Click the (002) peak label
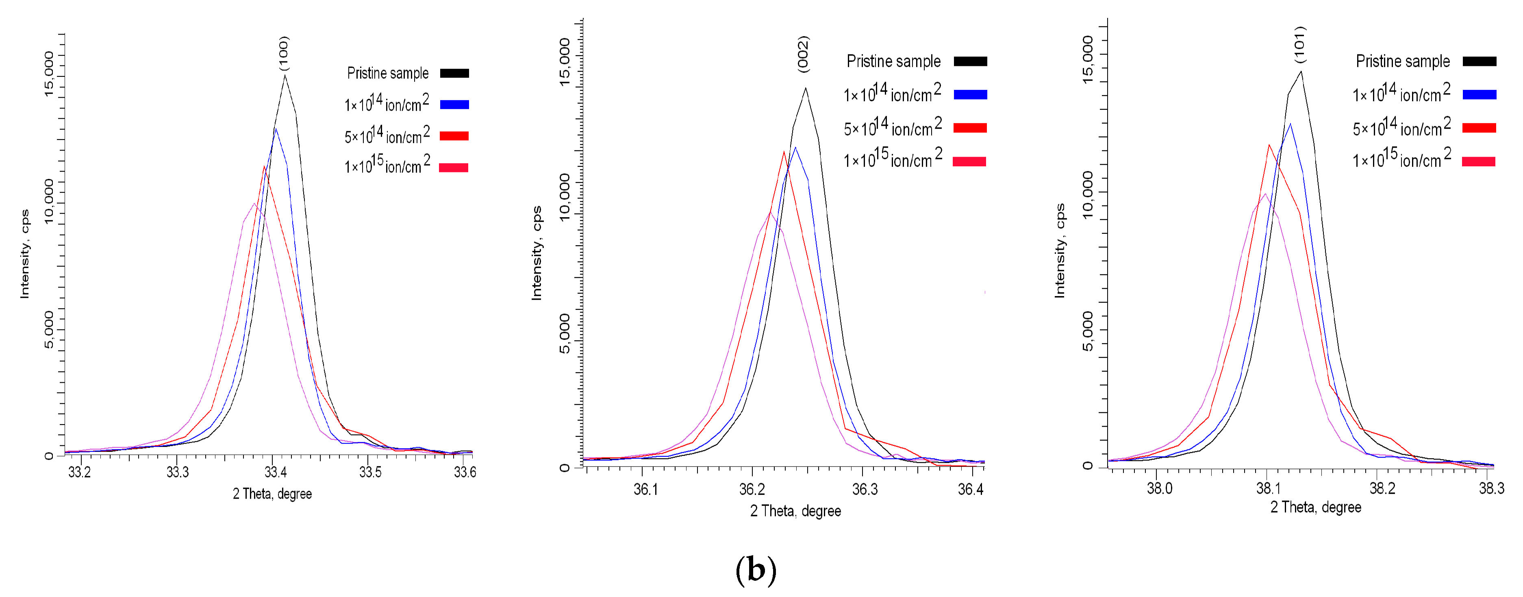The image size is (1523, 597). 804,54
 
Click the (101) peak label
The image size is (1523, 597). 1299,44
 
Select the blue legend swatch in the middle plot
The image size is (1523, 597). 970,95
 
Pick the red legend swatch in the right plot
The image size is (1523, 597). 1479,128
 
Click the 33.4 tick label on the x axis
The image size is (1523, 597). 275,472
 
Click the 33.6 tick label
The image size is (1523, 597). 465,472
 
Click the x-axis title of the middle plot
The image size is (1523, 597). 795,511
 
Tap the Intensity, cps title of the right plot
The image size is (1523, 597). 1060,250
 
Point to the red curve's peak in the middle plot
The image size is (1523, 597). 783,152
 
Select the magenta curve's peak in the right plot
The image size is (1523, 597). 1265,194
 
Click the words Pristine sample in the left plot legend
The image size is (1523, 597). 387,73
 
